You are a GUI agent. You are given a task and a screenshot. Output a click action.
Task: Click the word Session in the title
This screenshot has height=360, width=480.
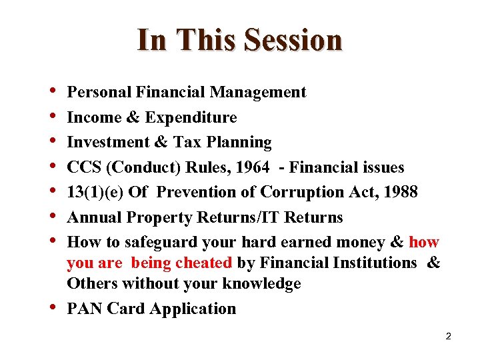[293, 40]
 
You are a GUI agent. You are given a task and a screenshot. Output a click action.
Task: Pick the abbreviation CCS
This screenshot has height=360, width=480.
[84, 167]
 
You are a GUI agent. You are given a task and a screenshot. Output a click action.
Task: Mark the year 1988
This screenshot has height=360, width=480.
[399, 192]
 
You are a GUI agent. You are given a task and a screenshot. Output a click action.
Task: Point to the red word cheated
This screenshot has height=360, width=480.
[203, 263]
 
